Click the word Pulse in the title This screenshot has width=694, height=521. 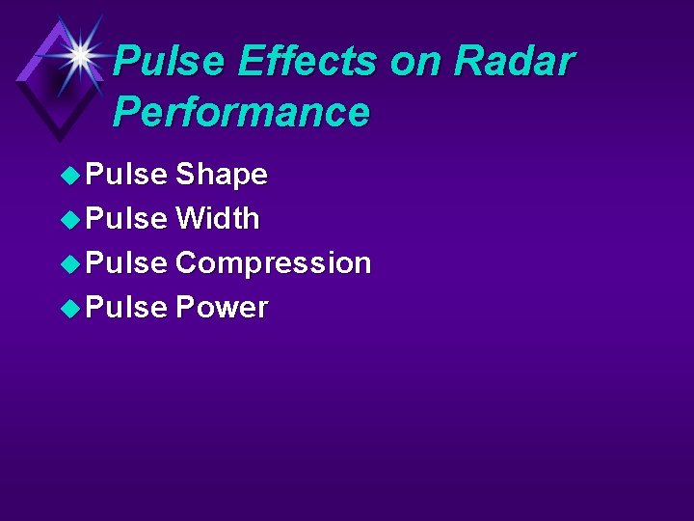(x=170, y=62)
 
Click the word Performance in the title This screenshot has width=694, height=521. (x=241, y=112)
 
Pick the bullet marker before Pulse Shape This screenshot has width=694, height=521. (x=70, y=175)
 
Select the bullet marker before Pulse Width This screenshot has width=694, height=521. (x=70, y=219)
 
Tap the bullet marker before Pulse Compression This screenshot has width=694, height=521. (x=70, y=263)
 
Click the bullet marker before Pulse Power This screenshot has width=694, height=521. (x=70, y=308)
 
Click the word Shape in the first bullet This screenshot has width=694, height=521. (x=221, y=175)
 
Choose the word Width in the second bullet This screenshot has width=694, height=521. (x=217, y=219)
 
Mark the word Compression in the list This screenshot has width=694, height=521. (x=273, y=263)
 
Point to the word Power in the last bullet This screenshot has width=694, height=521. (x=221, y=308)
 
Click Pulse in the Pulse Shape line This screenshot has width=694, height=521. (x=126, y=175)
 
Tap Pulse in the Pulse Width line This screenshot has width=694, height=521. (x=126, y=219)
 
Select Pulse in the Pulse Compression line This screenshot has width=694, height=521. (x=126, y=263)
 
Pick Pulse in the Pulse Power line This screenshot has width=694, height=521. (x=126, y=308)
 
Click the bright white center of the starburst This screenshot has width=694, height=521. (x=81, y=55)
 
